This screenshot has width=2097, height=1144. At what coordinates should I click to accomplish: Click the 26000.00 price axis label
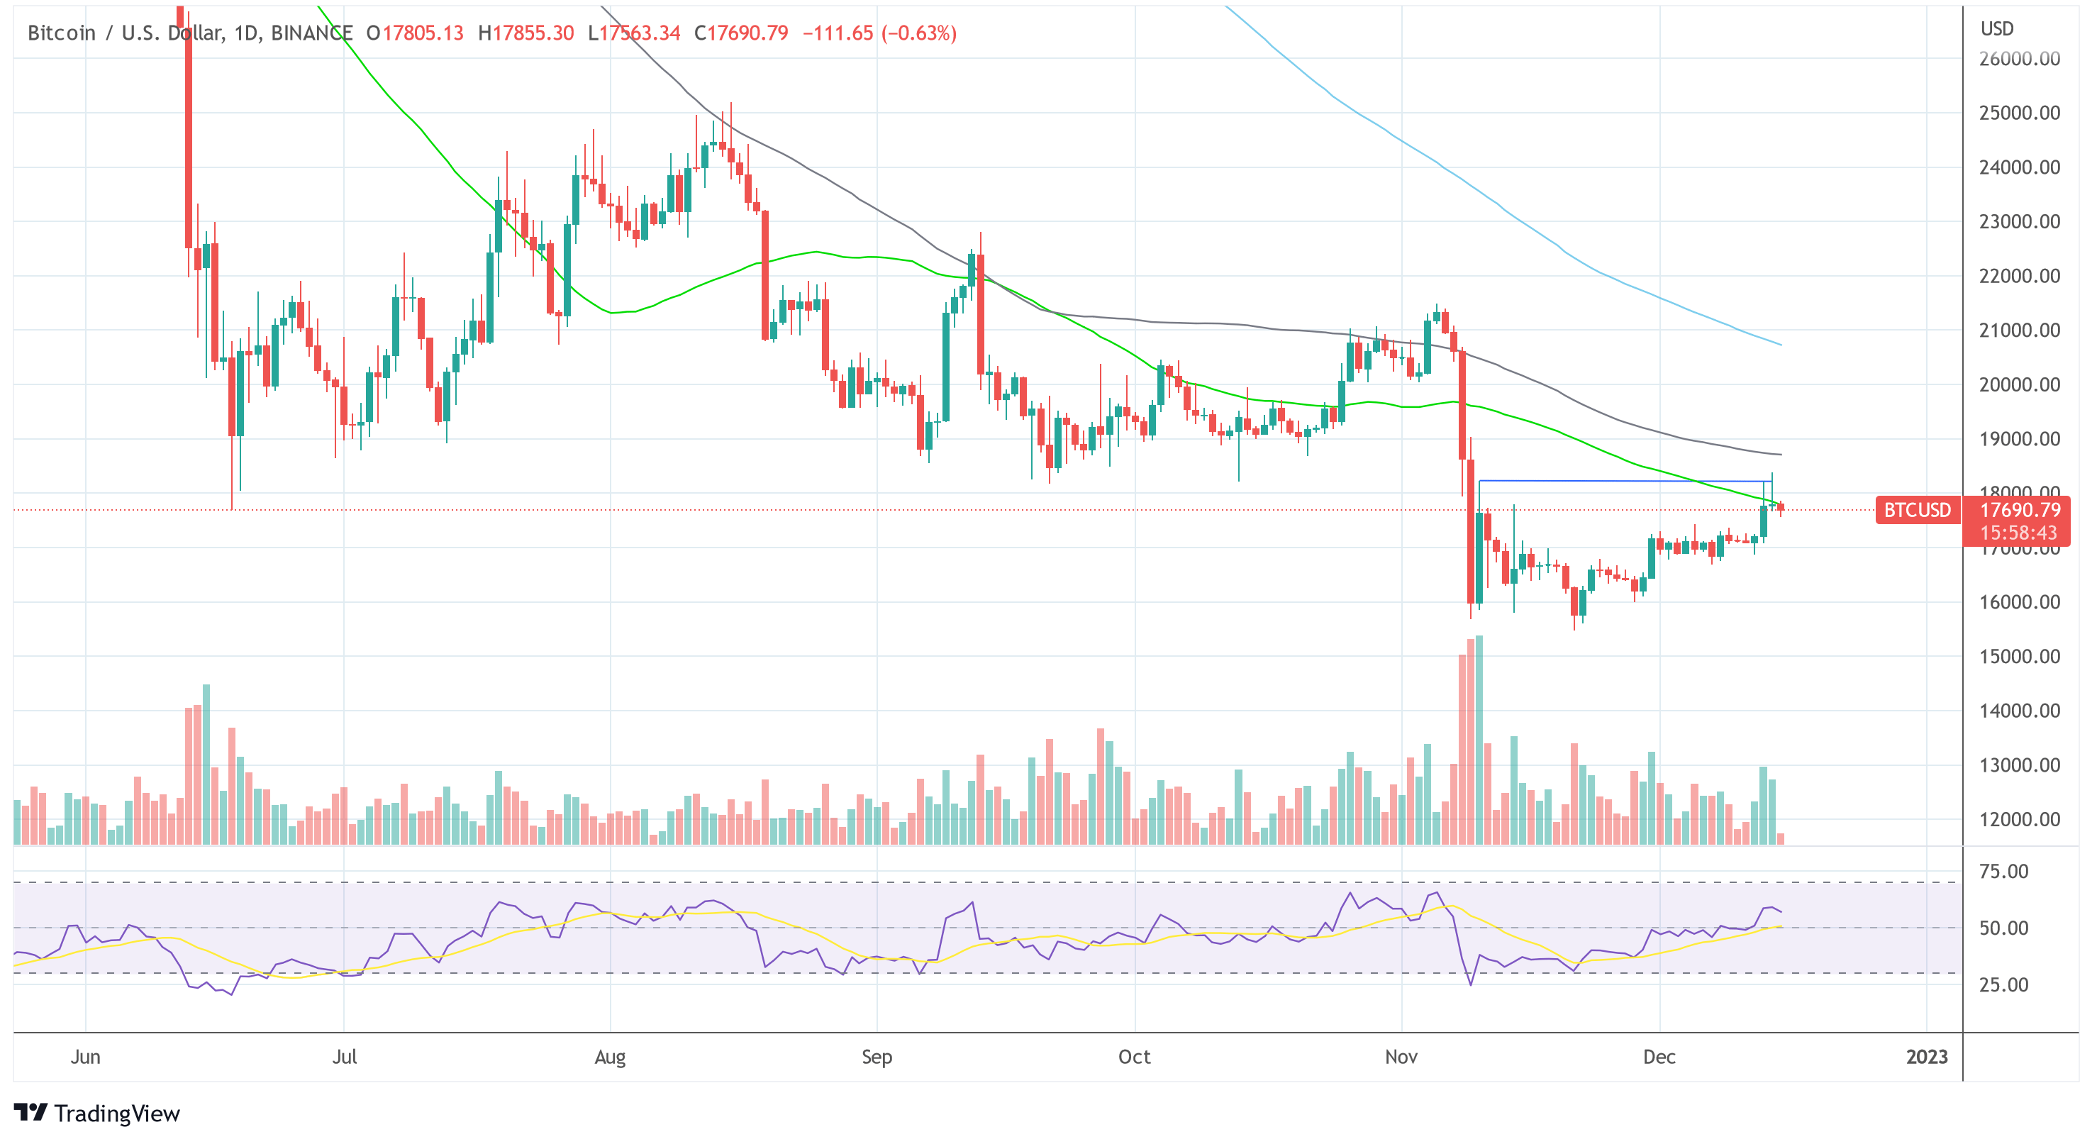tap(2019, 59)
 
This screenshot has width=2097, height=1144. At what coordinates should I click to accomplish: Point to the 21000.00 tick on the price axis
tap(2019, 331)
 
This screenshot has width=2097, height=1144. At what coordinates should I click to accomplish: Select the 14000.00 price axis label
tap(2019, 711)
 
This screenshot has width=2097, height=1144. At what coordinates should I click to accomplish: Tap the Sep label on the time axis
tap(877, 1057)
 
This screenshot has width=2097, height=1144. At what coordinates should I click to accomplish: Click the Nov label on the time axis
tap(1401, 1057)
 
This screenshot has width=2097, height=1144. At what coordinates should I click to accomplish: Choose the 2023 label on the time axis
tap(1927, 1057)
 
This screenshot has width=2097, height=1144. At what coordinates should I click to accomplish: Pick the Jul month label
tap(345, 1057)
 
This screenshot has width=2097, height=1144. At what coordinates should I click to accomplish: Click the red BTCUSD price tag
tap(1917, 511)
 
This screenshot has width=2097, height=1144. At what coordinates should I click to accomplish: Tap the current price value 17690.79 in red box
tap(2020, 511)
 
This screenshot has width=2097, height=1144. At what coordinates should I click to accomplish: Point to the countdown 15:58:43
tap(2018, 533)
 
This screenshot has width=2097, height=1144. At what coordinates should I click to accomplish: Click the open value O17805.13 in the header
tap(414, 33)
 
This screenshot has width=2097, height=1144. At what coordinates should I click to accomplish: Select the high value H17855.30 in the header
tap(526, 33)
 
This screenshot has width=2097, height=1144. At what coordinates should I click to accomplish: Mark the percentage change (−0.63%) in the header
tap(918, 33)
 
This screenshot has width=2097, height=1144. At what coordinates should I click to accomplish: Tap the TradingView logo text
tap(116, 1114)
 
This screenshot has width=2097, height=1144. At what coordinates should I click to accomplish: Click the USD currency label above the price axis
tap(1997, 29)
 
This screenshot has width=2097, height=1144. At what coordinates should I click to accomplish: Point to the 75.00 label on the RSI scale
tap(2003, 871)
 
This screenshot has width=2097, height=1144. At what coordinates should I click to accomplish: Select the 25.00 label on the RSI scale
tap(2003, 984)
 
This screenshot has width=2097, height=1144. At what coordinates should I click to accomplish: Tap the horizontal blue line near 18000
tap(1620, 481)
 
